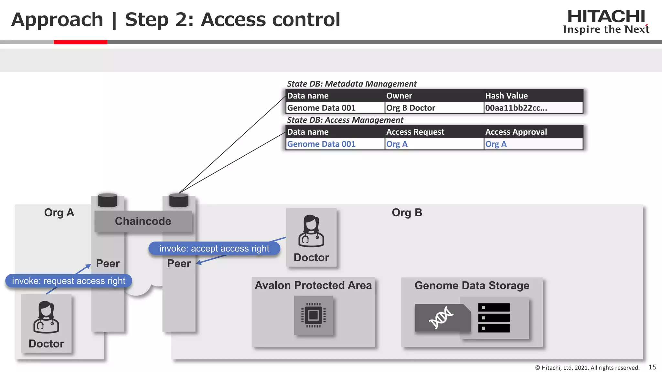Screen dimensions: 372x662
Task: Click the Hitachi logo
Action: pyautogui.click(x=606, y=21)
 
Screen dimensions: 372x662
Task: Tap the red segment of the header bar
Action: pyautogui.click(x=80, y=42)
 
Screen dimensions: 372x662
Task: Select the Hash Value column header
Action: pyautogui.click(x=506, y=96)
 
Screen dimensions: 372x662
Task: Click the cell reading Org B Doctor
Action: pyautogui.click(x=411, y=108)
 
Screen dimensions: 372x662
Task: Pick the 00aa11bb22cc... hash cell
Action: pyautogui.click(x=516, y=108)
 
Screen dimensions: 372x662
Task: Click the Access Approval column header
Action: pyautogui.click(x=516, y=132)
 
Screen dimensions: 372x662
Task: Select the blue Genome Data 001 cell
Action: pyautogui.click(x=321, y=144)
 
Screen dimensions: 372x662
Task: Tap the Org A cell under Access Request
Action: pyautogui.click(x=397, y=144)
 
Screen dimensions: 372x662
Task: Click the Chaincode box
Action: pyautogui.click(x=143, y=221)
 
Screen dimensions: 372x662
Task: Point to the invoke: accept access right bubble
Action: pyautogui.click(x=214, y=248)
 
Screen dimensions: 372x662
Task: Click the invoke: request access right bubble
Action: pyautogui.click(x=69, y=281)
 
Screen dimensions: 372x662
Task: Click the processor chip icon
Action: pyautogui.click(x=313, y=315)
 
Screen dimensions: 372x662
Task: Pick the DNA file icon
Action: pyautogui.click(x=442, y=317)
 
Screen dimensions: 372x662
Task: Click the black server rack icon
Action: pyautogui.click(x=494, y=317)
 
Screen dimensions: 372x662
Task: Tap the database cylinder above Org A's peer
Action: pyautogui.click(x=108, y=200)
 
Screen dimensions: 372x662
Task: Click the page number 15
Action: pyautogui.click(x=652, y=367)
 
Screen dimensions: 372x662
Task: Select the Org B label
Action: pyautogui.click(x=407, y=212)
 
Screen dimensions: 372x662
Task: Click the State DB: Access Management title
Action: pyautogui.click(x=345, y=120)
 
